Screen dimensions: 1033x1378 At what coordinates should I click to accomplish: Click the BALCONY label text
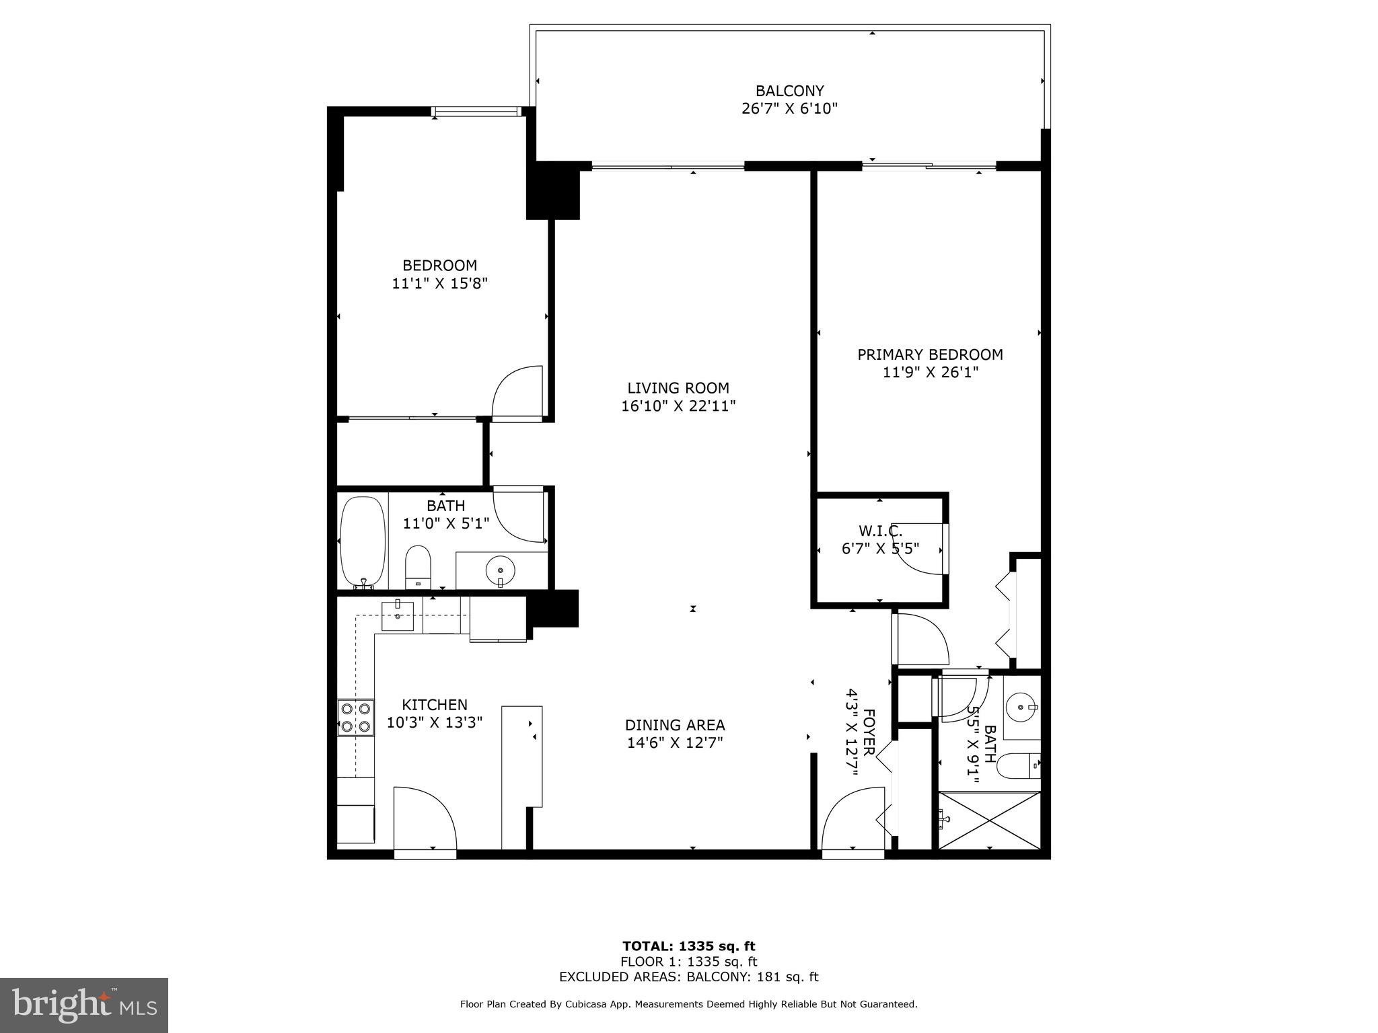(789, 91)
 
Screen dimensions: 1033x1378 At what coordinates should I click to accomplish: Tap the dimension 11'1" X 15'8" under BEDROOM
(439, 284)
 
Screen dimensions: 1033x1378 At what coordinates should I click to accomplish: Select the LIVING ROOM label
(678, 388)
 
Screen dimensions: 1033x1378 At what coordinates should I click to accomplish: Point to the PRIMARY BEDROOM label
(930, 354)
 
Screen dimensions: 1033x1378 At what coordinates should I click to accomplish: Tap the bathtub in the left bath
(362, 542)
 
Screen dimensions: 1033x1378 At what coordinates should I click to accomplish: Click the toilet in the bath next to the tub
(418, 567)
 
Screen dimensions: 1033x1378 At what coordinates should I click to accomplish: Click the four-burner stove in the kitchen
(356, 717)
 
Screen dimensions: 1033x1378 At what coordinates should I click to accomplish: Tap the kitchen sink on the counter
(398, 616)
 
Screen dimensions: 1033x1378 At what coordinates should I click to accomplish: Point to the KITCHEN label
(434, 705)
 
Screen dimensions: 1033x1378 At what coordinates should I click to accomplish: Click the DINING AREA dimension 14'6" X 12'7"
(675, 743)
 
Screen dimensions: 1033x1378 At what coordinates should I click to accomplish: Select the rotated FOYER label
(869, 732)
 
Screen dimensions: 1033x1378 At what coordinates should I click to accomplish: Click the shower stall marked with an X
(989, 820)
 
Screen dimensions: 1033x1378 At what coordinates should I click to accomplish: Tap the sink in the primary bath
(1021, 707)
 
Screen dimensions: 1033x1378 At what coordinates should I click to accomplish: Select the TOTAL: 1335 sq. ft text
(689, 946)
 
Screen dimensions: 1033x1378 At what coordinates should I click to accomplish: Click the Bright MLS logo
(84, 1005)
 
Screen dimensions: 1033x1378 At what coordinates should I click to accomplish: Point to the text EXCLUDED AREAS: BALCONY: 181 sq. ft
(689, 977)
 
